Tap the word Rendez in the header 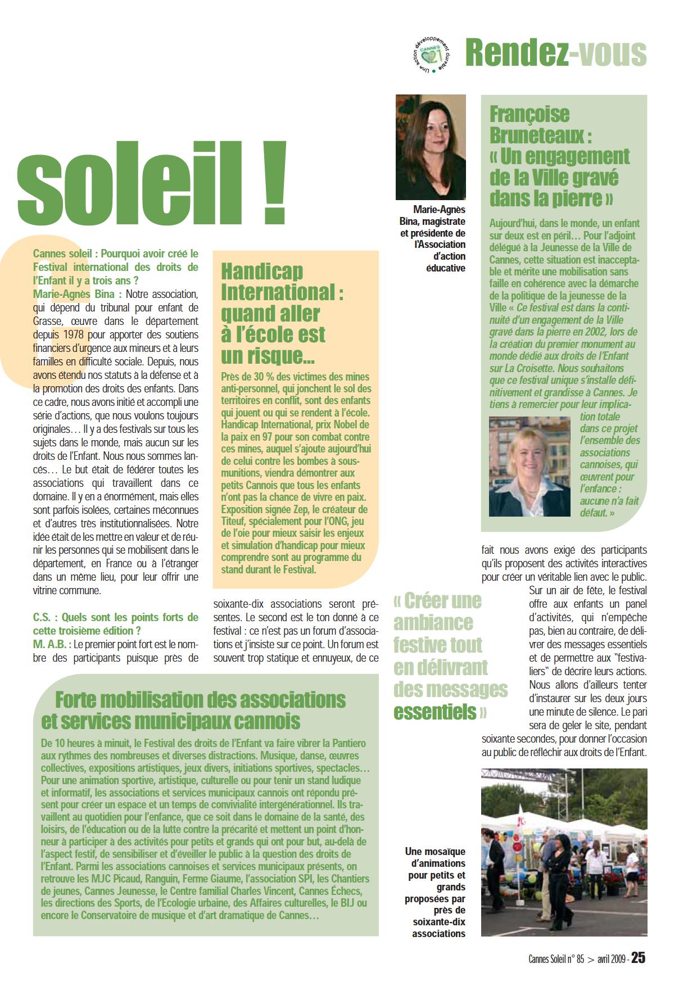514,53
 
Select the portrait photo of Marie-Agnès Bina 431,147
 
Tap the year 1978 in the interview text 71,335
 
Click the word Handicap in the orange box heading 262,272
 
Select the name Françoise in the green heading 529,114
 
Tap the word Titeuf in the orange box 233,521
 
